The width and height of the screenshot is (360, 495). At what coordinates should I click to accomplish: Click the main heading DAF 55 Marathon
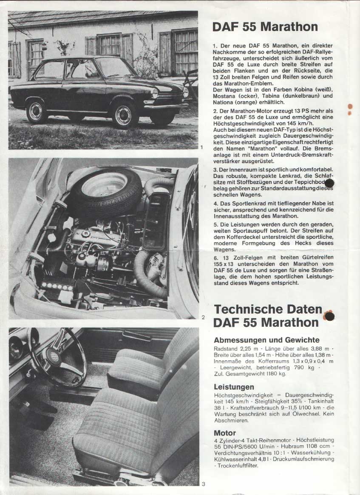(265, 27)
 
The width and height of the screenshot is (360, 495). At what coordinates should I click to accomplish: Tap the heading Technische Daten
(268, 308)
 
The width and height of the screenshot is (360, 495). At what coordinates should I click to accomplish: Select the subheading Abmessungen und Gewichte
(266, 340)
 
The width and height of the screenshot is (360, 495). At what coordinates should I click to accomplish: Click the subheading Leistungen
(234, 387)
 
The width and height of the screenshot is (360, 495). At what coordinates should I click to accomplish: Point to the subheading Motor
(225, 433)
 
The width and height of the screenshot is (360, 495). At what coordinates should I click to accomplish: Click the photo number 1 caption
(201, 147)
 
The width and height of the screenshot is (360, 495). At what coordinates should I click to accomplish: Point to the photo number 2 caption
(203, 317)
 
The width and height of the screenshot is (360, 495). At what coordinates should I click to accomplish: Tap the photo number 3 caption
(203, 484)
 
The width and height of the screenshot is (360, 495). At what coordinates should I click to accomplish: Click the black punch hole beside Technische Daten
(329, 316)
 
